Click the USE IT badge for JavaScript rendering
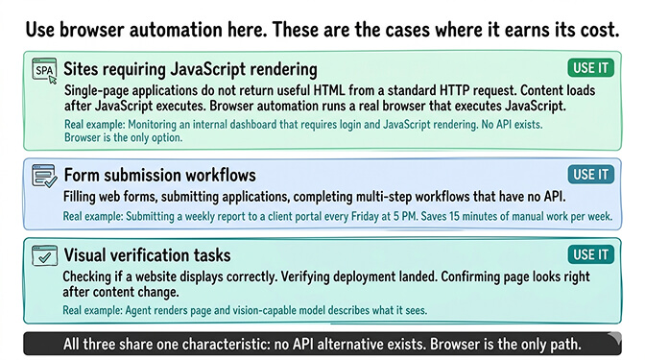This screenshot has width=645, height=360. (590, 67)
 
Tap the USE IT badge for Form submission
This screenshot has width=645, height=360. (590, 174)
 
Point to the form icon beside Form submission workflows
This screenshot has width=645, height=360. (44, 176)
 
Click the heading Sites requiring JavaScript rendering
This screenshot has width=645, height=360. (190, 69)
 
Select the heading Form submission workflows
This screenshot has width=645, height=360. (159, 176)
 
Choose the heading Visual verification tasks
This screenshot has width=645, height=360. (147, 255)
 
